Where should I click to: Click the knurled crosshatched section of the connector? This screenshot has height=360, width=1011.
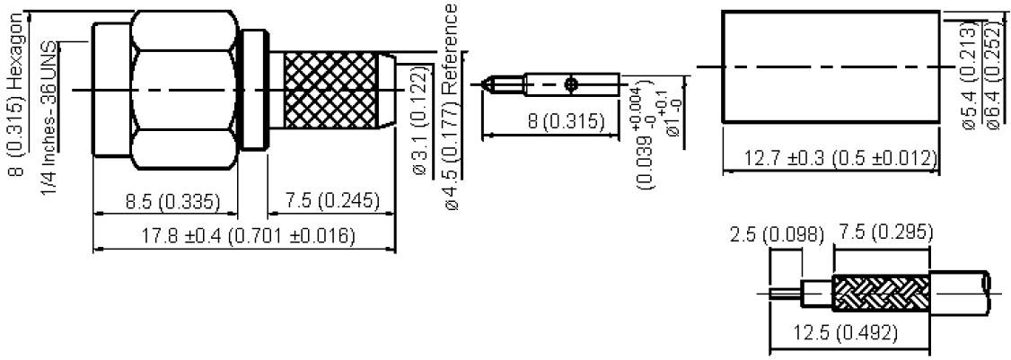(x=331, y=90)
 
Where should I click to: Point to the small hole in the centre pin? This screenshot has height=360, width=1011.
(x=572, y=85)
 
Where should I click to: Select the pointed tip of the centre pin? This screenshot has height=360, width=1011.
(x=487, y=86)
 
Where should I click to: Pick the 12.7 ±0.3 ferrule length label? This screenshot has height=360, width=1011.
(x=831, y=158)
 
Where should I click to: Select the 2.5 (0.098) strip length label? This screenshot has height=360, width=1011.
(x=777, y=235)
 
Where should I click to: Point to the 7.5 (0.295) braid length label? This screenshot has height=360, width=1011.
(x=884, y=234)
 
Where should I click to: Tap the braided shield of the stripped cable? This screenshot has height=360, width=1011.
(x=879, y=292)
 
